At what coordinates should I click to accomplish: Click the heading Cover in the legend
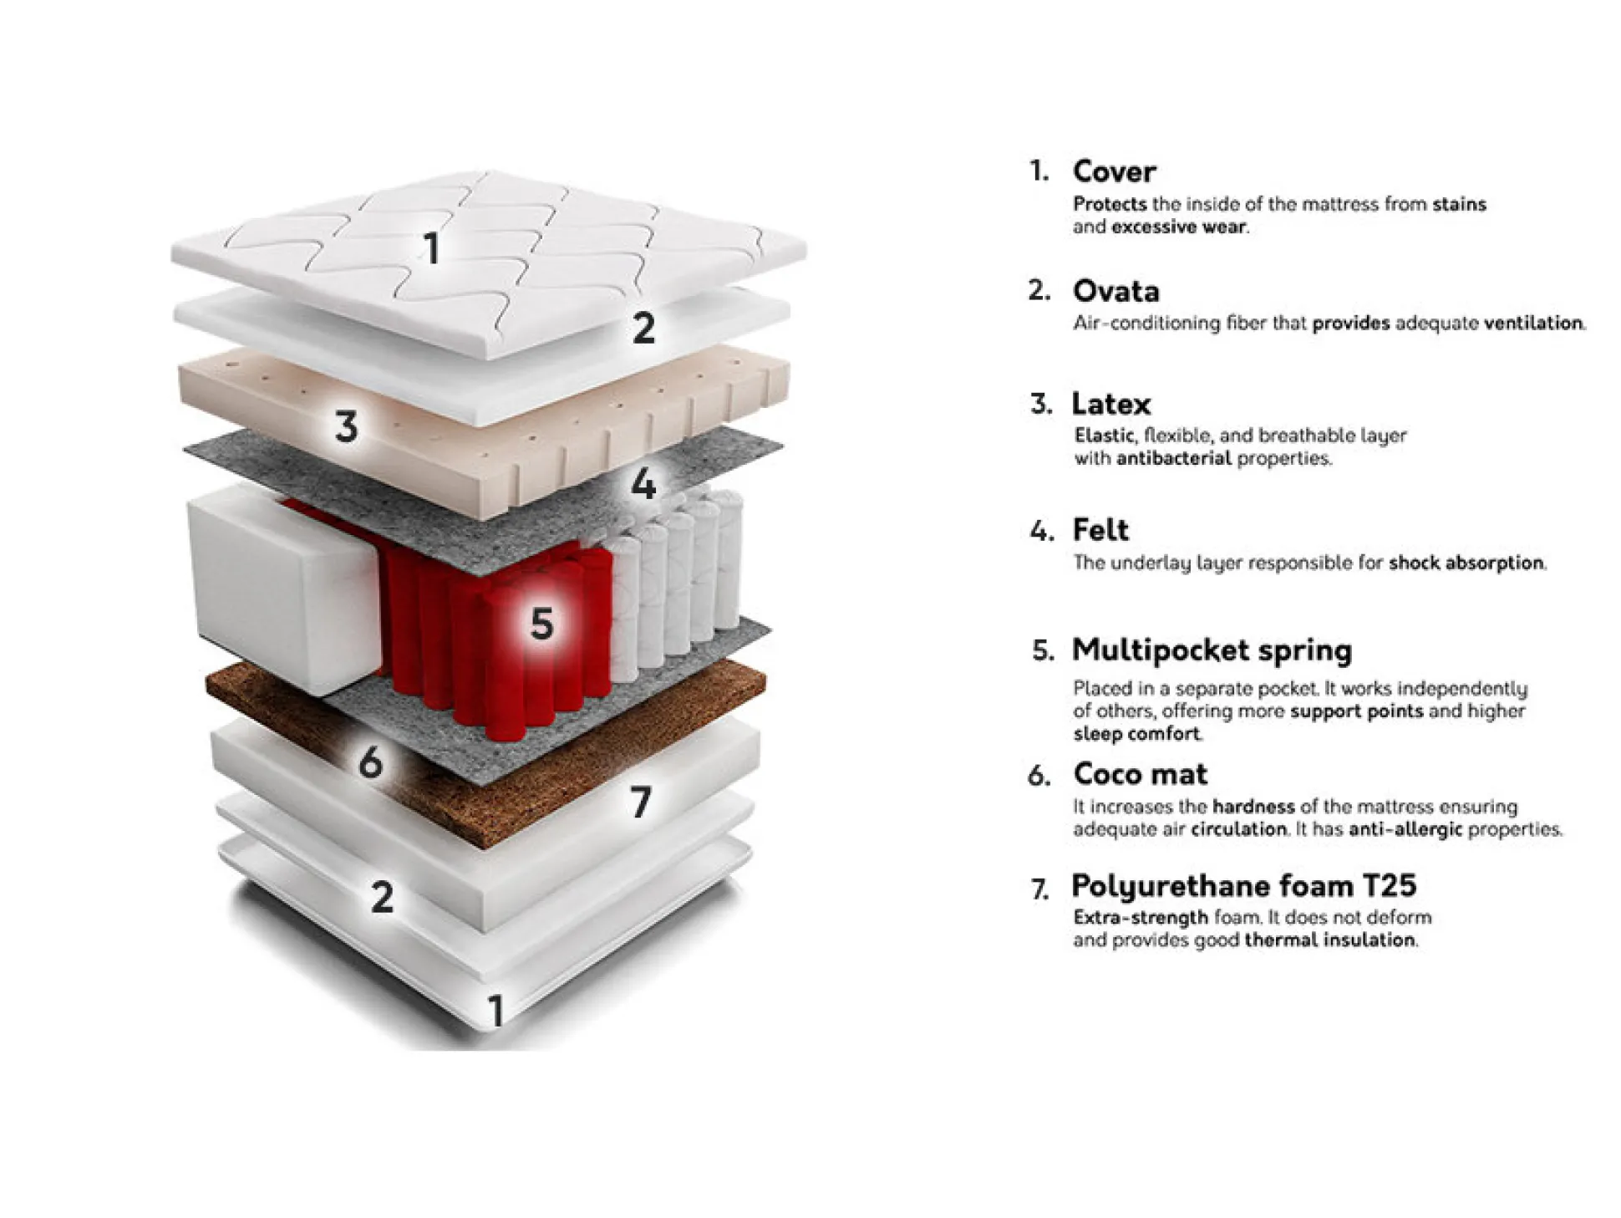coord(1114,171)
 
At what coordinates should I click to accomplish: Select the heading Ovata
coord(1115,291)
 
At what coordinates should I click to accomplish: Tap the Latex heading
coord(1111,404)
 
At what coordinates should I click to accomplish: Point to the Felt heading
coord(1100,529)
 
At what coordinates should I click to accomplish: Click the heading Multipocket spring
coord(1212,650)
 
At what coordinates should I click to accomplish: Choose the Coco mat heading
coord(1141,773)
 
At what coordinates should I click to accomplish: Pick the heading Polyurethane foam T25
coord(1244,885)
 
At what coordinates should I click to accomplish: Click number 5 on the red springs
coord(541,623)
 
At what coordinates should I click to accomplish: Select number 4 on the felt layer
coord(643,482)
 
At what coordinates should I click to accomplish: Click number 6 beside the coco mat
coord(370,762)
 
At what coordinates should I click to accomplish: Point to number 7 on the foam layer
coord(641,802)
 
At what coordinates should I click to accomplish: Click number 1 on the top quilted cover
coord(431,248)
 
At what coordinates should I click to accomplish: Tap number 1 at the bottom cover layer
coord(495,1010)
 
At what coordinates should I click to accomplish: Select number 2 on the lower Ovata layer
coord(382,897)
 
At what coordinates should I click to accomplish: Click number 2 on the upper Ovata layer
coord(643,327)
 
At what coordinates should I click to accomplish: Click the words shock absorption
coord(1466,563)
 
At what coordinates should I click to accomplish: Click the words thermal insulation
coord(1329,940)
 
